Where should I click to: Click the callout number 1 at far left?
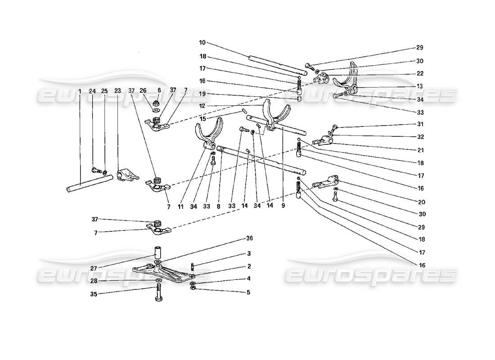pos(80,91)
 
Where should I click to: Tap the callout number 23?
pos(118,91)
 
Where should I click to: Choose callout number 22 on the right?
pos(419,73)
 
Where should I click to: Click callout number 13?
pos(419,86)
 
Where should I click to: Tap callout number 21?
pos(419,144)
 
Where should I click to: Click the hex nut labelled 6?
pos(158,102)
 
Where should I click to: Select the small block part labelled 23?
pos(125,175)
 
